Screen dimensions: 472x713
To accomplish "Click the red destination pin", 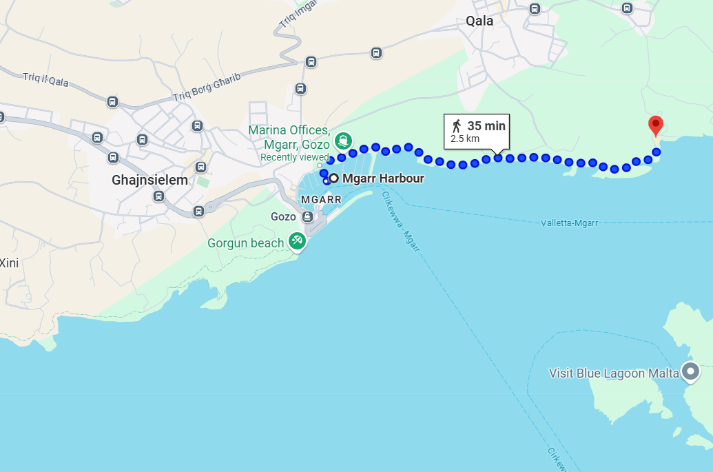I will click(x=656, y=125).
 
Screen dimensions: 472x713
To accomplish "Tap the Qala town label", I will click(x=479, y=21).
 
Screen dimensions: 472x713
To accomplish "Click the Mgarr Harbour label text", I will click(x=383, y=178).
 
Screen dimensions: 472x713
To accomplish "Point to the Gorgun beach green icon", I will click(x=297, y=240).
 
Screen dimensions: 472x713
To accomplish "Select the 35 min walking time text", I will click(x=486, y=126).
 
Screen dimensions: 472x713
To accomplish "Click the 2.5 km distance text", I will click(x=465, y=138).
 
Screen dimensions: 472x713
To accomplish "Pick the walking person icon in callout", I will click(x=456, y=126).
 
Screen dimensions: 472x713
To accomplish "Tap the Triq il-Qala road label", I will click(x=45, y=81).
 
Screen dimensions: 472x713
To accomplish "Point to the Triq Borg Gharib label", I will click(x=207, y=88).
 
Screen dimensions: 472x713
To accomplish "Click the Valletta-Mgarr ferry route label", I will click(x=569, y=223).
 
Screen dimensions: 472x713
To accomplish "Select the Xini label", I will click(x=9, y=263).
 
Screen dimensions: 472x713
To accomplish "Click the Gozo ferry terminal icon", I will click(x=307, y=217).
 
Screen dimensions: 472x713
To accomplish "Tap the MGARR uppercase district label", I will click(x=322, y=200).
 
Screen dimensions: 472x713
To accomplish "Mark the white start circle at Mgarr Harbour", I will click(x=334, y=178).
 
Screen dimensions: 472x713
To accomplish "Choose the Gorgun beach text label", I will click(x=246, y=243).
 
